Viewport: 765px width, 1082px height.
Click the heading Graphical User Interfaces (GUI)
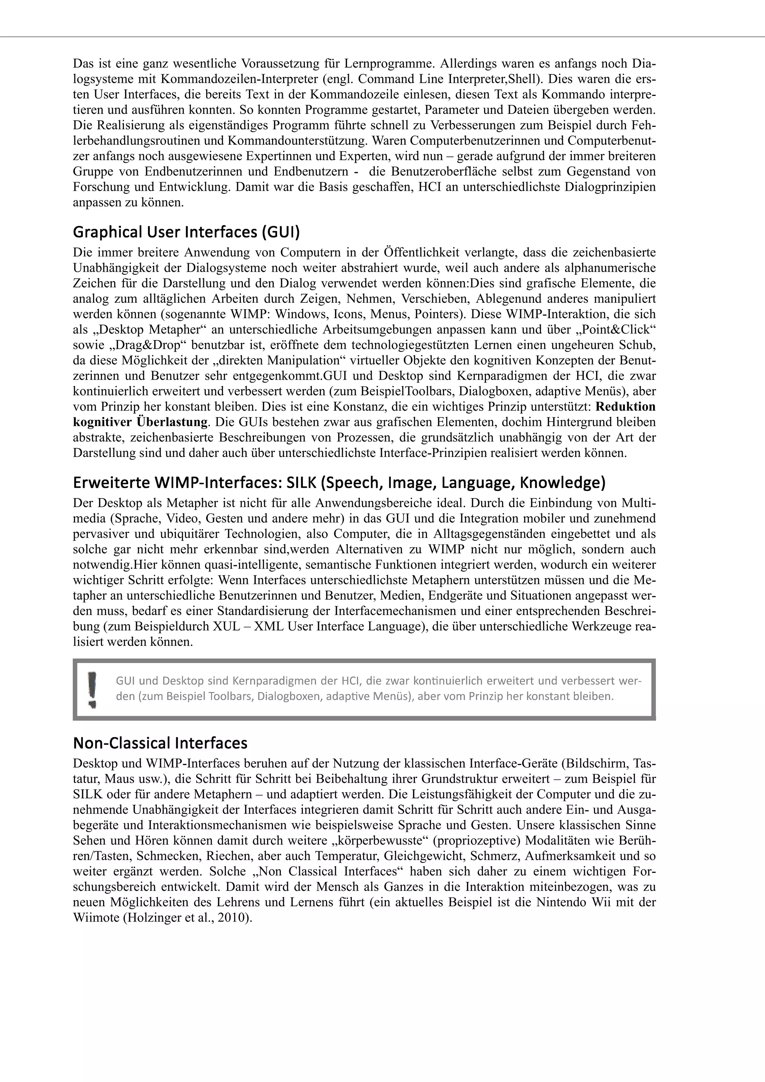(x=186, y=232)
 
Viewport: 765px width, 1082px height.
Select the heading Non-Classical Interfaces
(x=160, y=743)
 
